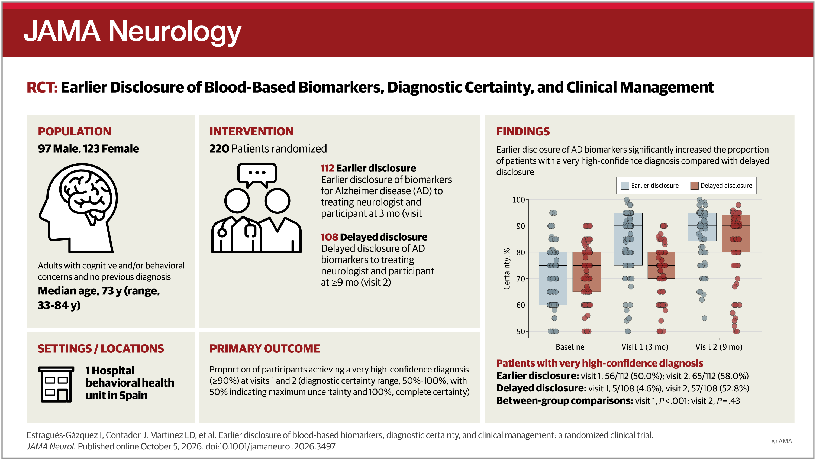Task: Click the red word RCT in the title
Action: click(x=42, y=88)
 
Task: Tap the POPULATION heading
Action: click(x=75, y=131)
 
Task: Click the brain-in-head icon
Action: click(x=79, y=208)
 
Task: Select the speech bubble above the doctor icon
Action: click(x=257, y=175)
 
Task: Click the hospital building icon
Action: click(x=56, y=384)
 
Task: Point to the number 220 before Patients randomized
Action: click(x=219, y=148)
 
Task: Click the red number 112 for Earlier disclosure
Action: click(x=328, y=168)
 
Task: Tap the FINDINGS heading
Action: click(x=523, y=131)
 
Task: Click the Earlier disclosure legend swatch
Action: click(x=625, y=186)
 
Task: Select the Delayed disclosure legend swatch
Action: click(x=694, y=186)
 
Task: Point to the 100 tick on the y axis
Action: click(x=518, y=200)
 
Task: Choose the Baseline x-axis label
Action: click(x=570, y=347)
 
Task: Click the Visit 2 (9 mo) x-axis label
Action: click(x=719, y=347)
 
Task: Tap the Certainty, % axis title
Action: click(x=507, y=268)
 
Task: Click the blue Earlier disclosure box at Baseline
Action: click(x=553, y=278)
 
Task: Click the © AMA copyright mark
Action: click(x=782, y=441)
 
